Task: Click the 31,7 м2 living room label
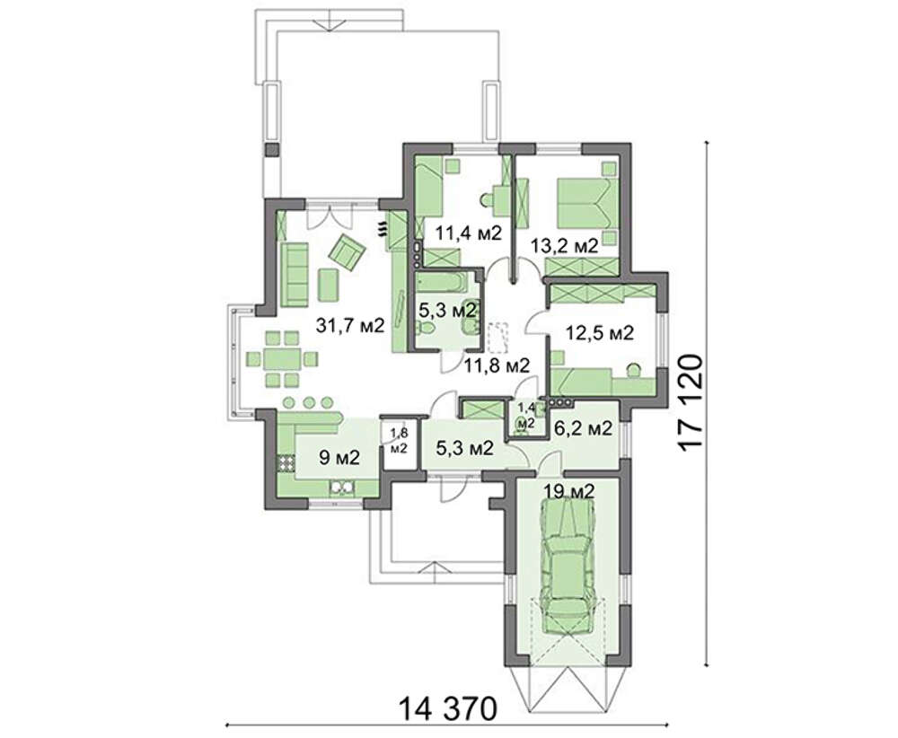tap(349, 325)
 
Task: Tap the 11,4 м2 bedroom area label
tap(468, 233)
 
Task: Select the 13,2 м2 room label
tap(564, 246)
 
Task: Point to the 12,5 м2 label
tap(600, 333)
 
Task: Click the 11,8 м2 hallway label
tap(497, 365)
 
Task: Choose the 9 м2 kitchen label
tap(339, 458)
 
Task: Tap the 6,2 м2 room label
tap(584, 428)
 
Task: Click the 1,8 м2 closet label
tap(399, 440)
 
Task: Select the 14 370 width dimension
tap(447, 709)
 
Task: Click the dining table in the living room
tap(282, 359)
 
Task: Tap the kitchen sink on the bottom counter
tap(342, 488)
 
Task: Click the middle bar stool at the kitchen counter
tap(309, 402)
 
